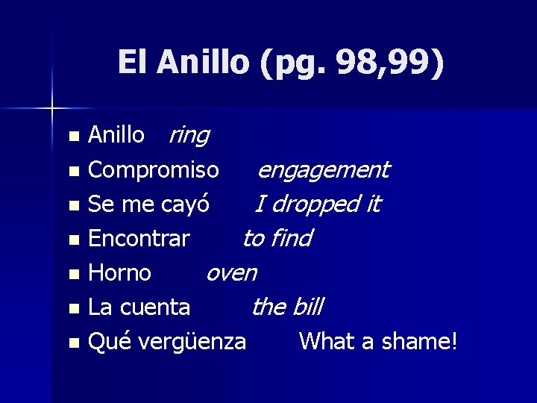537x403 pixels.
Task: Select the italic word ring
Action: click(x=189, y=135)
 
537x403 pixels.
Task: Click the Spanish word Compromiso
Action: click(x=154, y=170)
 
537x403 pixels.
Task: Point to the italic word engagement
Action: click(x=322, y=170)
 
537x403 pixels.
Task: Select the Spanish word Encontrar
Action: click(x=139, y=238)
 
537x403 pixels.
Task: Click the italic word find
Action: click(x=290, y=238)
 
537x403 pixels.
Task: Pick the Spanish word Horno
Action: click(x=120, y=272)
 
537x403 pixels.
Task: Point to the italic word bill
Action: click(x=308, y=307)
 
